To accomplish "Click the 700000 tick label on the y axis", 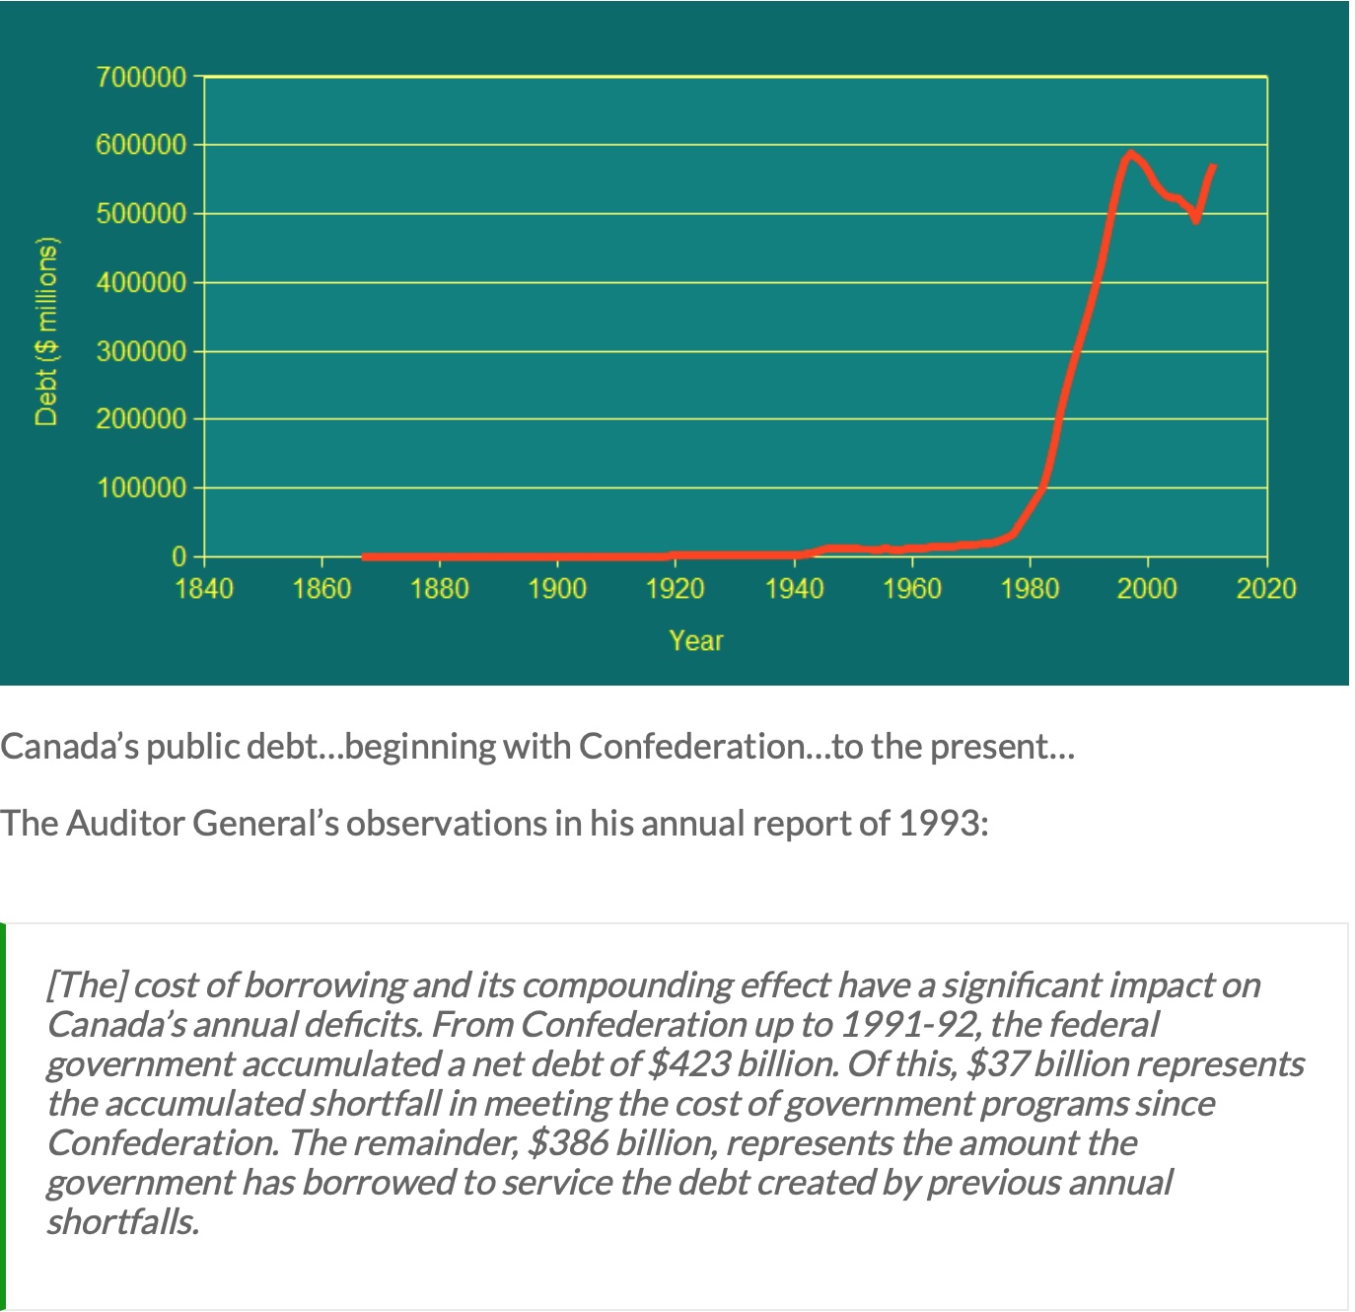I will coord(141,77).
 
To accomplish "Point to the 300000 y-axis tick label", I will coord(141,351).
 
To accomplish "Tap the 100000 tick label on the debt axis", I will coord(141,488).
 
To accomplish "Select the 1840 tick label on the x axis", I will coord(204,590).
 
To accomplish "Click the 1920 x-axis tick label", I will coord(676,590).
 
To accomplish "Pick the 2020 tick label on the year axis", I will coord(1266,590).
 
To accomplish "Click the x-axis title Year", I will coord(696,641).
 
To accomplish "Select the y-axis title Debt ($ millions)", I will coord(46,331).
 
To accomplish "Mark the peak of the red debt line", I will coord(1130,154).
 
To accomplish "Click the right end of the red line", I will coord(1213,168).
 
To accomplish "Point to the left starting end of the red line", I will coord(365,556).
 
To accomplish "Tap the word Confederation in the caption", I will coord(692,747).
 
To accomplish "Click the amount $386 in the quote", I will coord(568,1143).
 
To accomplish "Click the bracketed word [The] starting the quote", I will coord(86,985).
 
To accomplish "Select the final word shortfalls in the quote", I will coord(123,1222).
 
